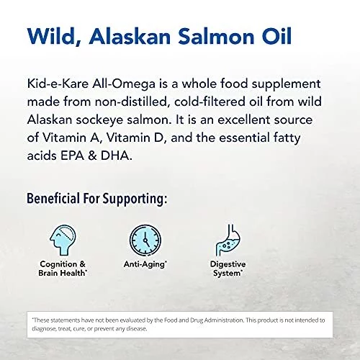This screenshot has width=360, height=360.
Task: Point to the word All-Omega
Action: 124,84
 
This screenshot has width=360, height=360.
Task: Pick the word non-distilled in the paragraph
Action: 131,102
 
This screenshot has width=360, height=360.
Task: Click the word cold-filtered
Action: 210,102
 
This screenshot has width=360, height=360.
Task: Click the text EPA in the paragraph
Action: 72,156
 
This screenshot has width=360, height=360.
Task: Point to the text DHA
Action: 116,156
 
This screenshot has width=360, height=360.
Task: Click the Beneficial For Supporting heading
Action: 96,199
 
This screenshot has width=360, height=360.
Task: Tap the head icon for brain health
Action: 63,240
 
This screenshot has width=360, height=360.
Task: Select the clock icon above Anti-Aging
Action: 145,240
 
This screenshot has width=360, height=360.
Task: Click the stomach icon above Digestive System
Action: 228,240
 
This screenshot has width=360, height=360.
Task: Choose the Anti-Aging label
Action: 145,264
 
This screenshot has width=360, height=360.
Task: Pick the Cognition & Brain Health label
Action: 62,269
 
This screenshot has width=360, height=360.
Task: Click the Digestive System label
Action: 228,269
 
